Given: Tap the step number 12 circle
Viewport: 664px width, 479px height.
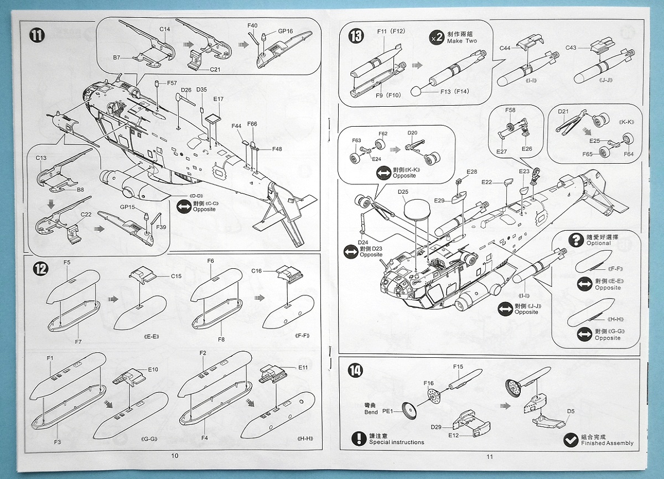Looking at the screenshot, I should (40, 269).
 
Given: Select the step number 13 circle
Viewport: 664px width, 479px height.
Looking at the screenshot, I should (356, 37).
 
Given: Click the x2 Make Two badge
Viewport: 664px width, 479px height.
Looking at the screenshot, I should (437, 38).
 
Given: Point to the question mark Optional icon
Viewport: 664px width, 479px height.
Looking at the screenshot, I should (575, 239).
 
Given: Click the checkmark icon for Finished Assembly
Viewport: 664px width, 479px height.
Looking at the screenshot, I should (570, 440).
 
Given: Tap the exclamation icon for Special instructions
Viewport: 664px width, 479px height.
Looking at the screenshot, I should (360, 439).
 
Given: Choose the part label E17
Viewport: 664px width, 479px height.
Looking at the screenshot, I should (219, 100).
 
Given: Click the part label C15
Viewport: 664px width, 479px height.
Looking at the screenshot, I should (176, 276).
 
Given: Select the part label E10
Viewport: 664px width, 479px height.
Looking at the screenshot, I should (153, 369).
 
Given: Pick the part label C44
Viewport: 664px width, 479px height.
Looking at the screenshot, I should (505, 48).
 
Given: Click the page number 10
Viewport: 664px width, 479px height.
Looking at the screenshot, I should (175, 456).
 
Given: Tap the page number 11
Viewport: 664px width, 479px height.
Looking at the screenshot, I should (489, 456).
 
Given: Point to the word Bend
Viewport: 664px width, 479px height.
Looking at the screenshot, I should (371, 412).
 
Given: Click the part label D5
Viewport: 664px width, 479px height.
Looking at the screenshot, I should (570, 411).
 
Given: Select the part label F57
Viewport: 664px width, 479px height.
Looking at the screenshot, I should (172, 82).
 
